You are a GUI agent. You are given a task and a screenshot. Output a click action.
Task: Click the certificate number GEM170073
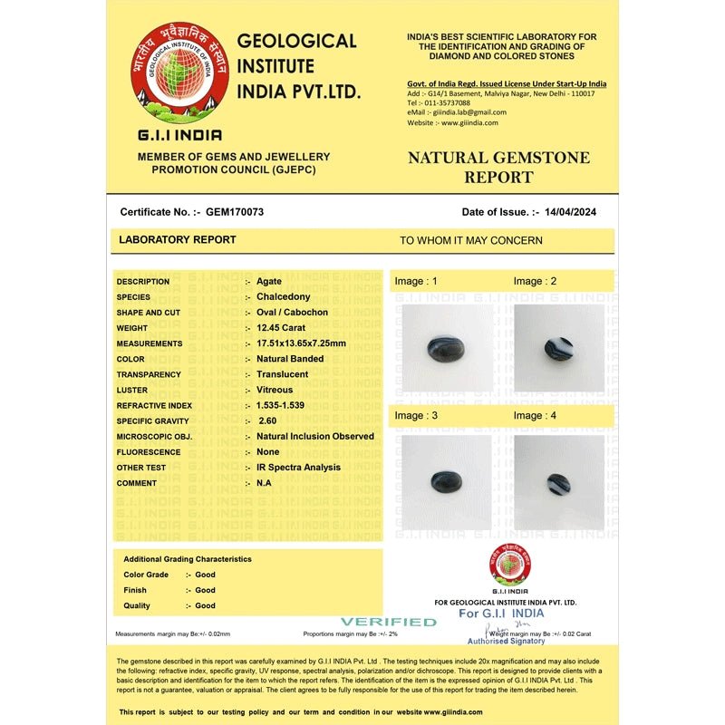(x=235, y=212)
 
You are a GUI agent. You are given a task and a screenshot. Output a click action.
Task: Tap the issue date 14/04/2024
(x=570, y=212)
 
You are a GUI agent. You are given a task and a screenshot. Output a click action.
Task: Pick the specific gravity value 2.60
(x=267, y=420)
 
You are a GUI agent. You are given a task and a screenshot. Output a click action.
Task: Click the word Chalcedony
(x=283, y=296)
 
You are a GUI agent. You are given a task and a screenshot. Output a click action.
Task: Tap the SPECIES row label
(x=133, y=296)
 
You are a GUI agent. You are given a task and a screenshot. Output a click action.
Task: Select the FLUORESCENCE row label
(x=149, y=451)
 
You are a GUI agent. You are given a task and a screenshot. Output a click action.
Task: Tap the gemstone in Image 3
(x=444, y=481)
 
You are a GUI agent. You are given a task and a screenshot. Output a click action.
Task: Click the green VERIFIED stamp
(x=389, y=622)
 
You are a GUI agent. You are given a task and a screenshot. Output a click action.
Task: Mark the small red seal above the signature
(x=510, y=565)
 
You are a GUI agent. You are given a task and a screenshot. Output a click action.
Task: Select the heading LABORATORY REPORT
(x=178, y=240)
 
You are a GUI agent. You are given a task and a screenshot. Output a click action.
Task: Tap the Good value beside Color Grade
(x=206, y=575)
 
